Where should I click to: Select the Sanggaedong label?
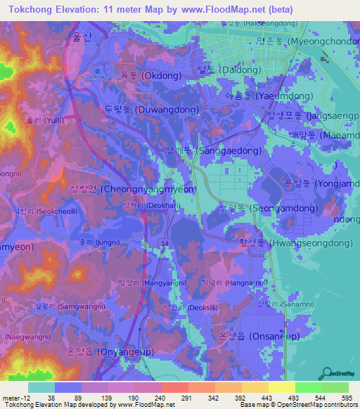(x=213, y=151)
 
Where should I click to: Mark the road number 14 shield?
(x=164, y=242)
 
